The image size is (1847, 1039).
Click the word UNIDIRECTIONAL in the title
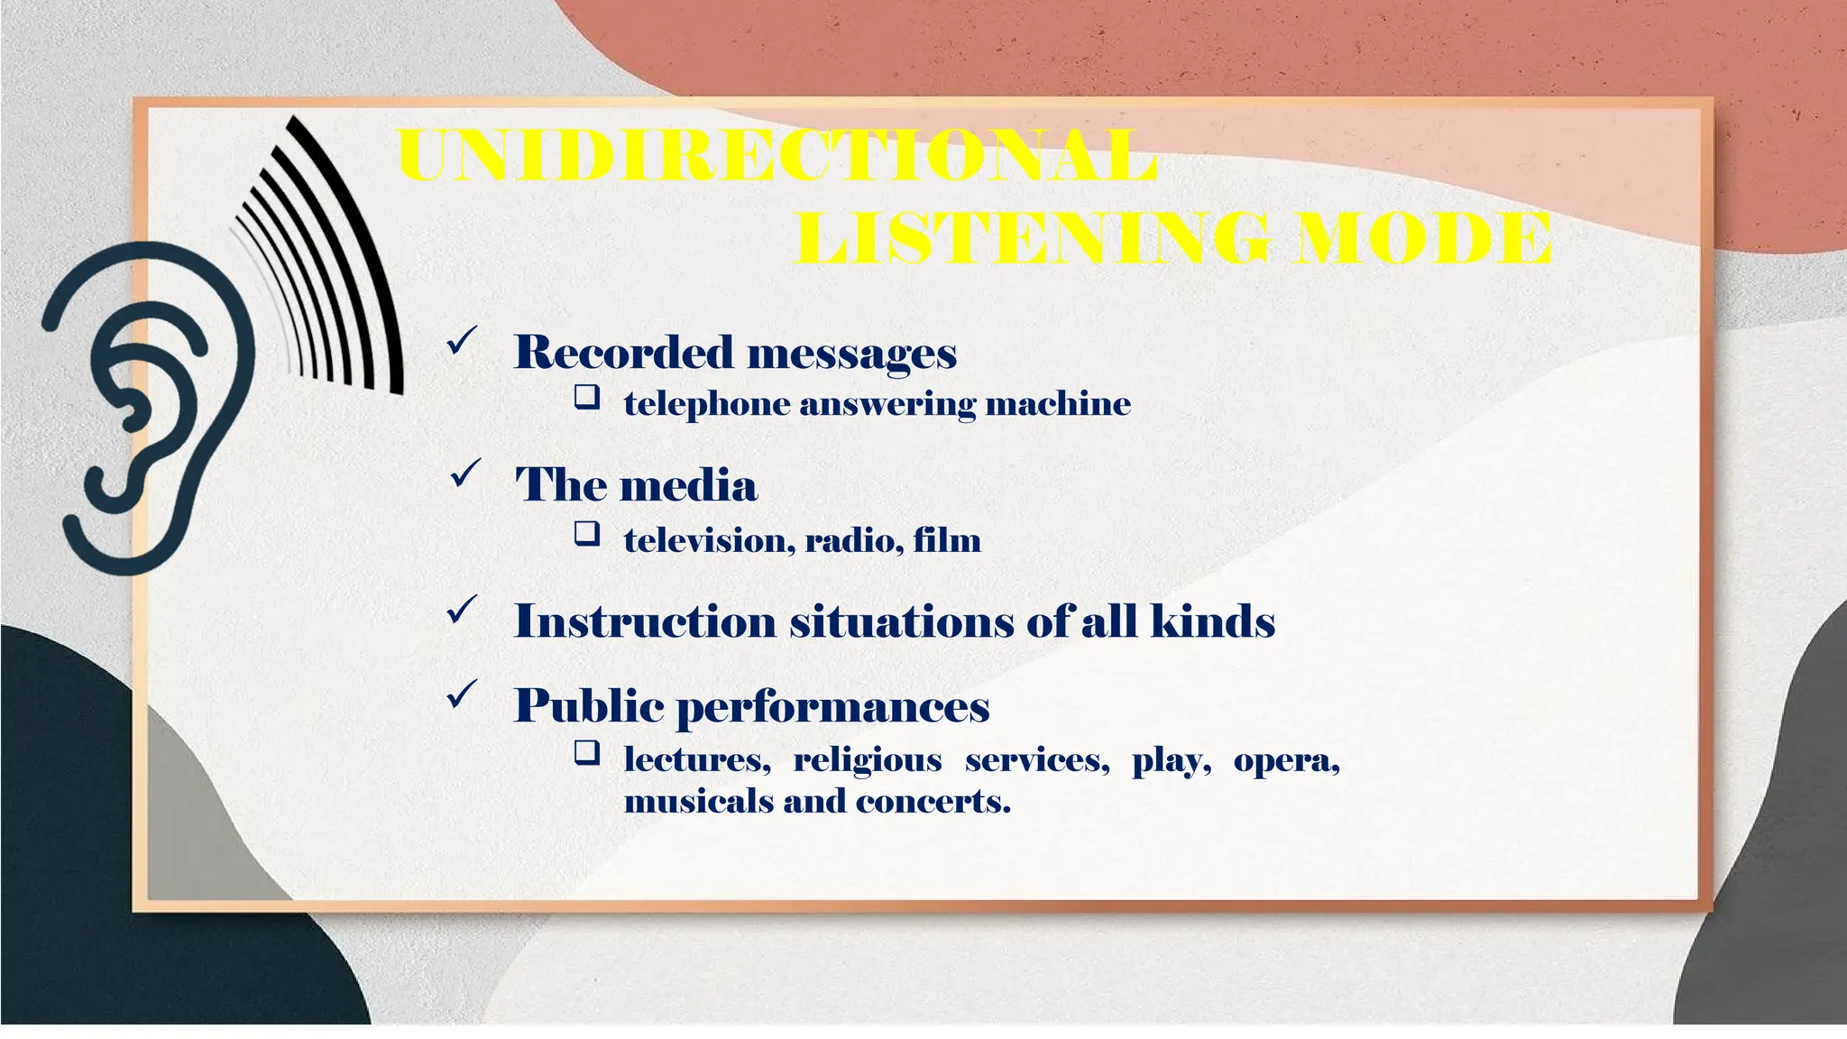[x=777, y=156]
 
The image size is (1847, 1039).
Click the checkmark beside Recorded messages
[x=462, y=343]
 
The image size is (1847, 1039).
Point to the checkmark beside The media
[x=465, y=474]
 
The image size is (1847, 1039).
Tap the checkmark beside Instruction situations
[x=462, y=611]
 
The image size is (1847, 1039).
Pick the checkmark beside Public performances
[x=462, y=694]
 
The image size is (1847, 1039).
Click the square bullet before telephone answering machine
[x=587, y=397]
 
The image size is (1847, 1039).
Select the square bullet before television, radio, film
[x=587, y=534]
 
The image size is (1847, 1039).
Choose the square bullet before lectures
[x=587, y=752]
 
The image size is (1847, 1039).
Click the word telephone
[x=706, y=404]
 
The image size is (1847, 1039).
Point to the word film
[x=946, y=541]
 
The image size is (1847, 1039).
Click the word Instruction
[x=644, y=621]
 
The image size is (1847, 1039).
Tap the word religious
[x=867, y=760]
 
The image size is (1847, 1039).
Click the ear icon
[x=144, y=406]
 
